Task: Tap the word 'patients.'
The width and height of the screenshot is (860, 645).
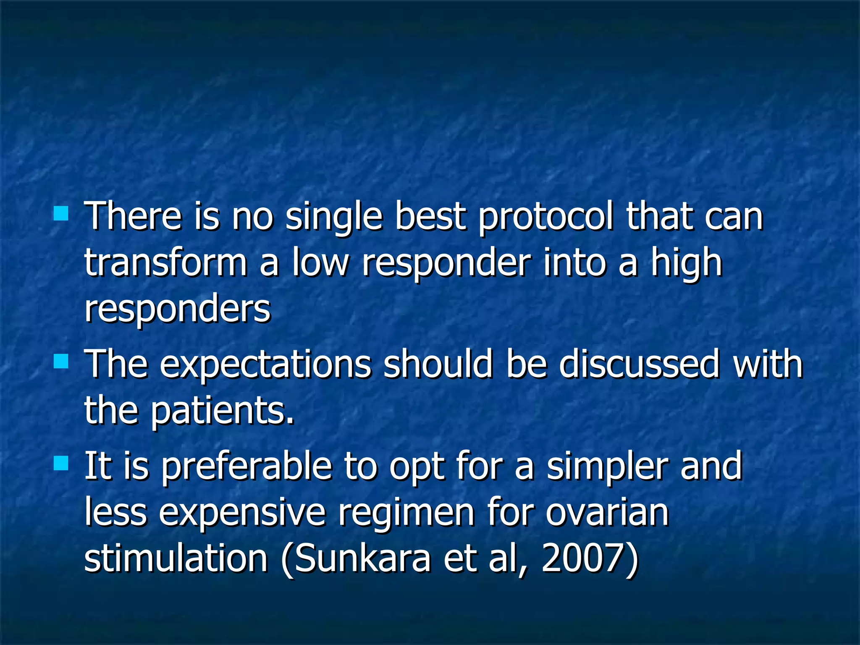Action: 223,412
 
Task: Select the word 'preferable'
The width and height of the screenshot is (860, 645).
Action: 246,467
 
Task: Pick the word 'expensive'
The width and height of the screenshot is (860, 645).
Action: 242,514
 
